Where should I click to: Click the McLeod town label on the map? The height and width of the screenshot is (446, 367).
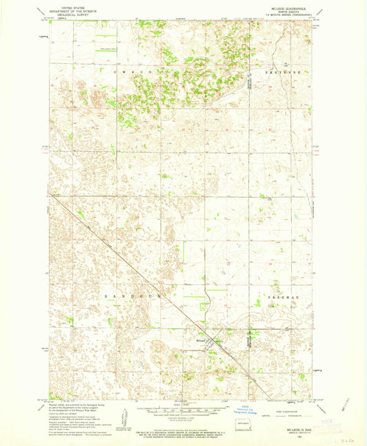click(x=197, y=339)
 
